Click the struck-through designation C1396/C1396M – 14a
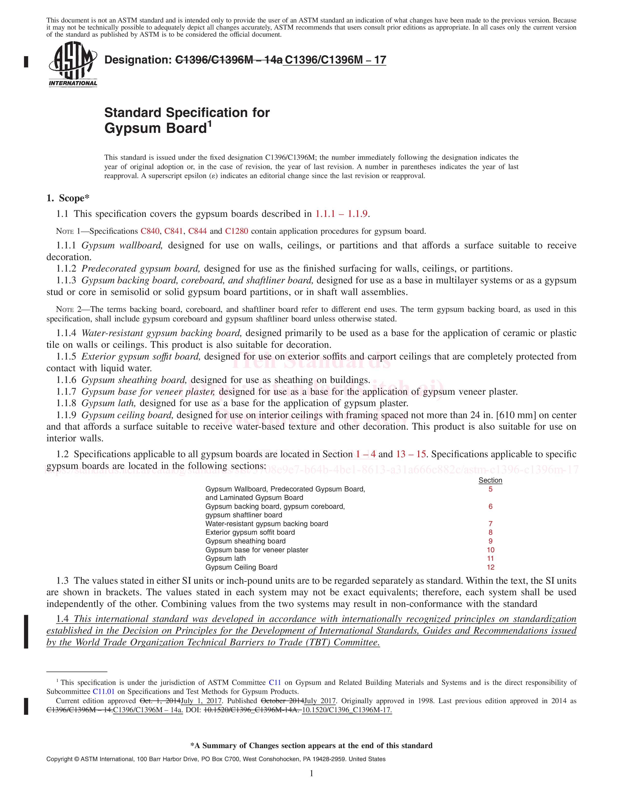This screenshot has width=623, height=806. click(x=228, y=60)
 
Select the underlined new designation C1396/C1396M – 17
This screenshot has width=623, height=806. click(x=335, y=60)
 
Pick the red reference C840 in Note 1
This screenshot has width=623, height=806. click(x=150, y=231)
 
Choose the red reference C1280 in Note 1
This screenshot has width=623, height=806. click(x=236, y=231)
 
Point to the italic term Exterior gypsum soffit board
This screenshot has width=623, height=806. click(x=141, y=357)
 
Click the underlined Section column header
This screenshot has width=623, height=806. click(x=490, y=480)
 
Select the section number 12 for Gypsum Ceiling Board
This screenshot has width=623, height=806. click(x=490, y=567)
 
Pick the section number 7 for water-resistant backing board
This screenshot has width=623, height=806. click(x=490, y=524)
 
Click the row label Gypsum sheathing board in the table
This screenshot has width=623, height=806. click(x=246, y=541)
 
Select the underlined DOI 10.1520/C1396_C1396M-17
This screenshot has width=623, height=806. click(x=347, y=710)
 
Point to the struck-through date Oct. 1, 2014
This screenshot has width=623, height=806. click(x=160, y=701)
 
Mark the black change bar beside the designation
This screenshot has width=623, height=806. click(x=26, y=61)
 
